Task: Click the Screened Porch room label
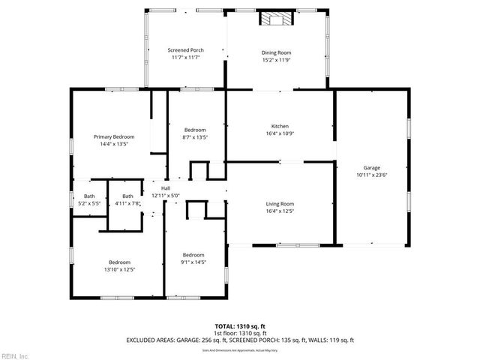(184, 50)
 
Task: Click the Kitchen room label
(280, 126)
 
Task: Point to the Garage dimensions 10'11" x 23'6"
(371, 175)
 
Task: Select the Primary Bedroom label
(114, 137)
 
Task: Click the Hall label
(166, 188)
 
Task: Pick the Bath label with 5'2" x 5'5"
(88, 196)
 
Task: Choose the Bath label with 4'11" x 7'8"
(127, 196)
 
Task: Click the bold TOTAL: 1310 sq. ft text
(240, 327)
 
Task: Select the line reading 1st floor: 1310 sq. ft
(240, 334)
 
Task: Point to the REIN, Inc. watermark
(14, 355)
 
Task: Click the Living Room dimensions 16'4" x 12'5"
(280, 211)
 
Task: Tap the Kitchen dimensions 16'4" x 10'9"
(280, 133)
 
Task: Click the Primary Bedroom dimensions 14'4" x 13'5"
(114, 145)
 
